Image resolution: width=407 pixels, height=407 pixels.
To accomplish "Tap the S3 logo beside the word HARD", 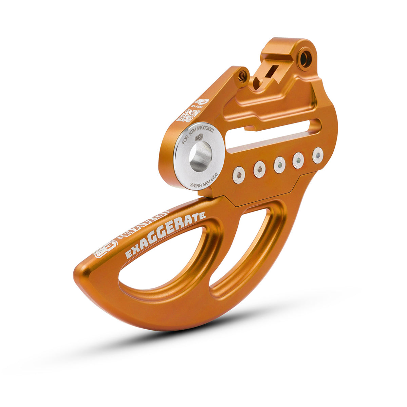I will coord(105,249).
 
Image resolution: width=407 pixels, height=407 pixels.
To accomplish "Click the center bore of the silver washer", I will coord(200,156).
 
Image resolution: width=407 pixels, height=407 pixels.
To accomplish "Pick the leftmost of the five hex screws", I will coord(239,175).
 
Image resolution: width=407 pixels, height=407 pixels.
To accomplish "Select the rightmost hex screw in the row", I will coord(318,155).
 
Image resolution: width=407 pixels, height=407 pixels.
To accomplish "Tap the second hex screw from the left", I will coord(259,169).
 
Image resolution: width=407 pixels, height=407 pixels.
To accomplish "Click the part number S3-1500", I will coord(194,108).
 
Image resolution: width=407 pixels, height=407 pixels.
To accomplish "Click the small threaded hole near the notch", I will coord(242,76).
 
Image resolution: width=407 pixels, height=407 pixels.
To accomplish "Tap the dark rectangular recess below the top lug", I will coord(268,73).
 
